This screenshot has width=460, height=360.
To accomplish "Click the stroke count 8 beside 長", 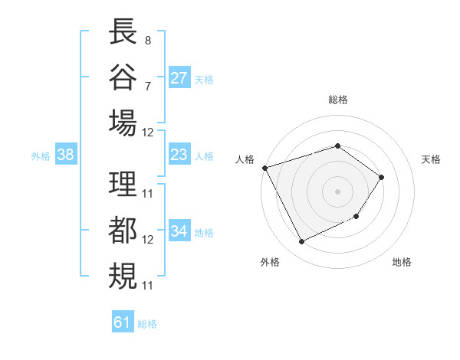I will pyautogui.click(x=147, y=40).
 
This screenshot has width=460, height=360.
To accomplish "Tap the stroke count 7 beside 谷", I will pyautogui.click(x=147, y=86).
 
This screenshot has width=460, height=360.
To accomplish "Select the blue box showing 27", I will pyautogui.click(x=179, y=77).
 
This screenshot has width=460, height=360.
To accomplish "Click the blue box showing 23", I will pyautogui.click(x=179, y=155).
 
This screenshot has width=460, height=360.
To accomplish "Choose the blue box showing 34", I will pyautogui.click(x=179, y=231).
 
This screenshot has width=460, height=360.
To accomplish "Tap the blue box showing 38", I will pyautogui.click(x=66, y=155).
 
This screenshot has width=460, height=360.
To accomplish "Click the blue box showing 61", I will pyautogui.click(x=123, y=322).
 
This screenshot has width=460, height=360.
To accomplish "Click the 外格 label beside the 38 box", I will pyautogui.click(x=41, y=156).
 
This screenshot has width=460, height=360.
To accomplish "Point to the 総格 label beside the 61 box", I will pyautogui.click(x=147, y=324).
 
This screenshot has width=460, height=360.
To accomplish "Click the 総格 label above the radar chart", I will pyautogui.click(x=337, y=100).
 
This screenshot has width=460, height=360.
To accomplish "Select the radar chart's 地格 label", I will pyautogui.click(x=402, y=262).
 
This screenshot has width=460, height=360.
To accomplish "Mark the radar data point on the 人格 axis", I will pyautogui.click(x=264, y=167).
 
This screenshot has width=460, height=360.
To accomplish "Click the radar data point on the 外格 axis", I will pyautogui.click(x=301, y=242).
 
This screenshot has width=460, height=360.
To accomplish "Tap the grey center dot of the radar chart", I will pyautogui.click(x=337, y=191).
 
